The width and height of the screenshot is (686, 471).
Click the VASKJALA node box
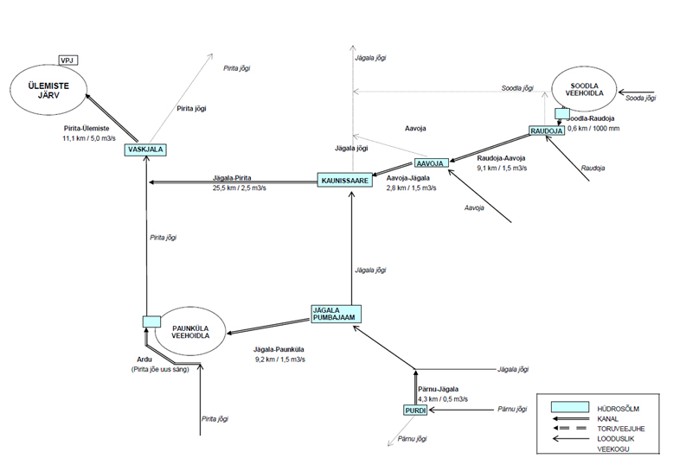tap(145, 150)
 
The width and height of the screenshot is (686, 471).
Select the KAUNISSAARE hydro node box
tap(345, 181)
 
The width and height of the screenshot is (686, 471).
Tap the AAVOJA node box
tap(432, 163)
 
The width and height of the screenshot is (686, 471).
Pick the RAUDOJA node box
tap(547, 130)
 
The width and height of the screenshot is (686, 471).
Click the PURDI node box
tap(415, 411)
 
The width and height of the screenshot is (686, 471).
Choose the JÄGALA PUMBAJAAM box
tap(336, 314)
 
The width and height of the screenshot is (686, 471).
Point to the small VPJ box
tap(68, 60)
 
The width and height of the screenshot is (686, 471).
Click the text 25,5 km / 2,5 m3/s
tap(240, 188)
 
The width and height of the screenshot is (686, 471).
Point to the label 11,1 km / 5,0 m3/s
tap(89, 138)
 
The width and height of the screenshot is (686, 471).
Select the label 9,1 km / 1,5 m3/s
tap(502, 168)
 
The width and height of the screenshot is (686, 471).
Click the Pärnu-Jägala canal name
tap(438, 389)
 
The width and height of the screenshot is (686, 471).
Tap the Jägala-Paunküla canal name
tap(279, 349)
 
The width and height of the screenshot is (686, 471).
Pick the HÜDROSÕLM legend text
tap(618, 409)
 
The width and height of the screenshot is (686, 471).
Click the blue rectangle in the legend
tap(569, 407)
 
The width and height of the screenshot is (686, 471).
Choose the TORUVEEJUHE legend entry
tap(621, 429)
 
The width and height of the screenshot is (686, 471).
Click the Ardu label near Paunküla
tap(144, 360)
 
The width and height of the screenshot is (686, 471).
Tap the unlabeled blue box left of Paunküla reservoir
tap(151, 321)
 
